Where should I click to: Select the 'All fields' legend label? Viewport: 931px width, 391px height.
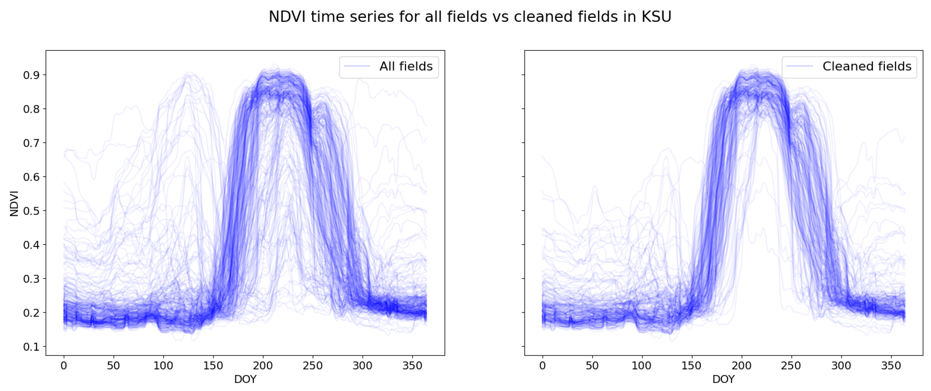[406, 66]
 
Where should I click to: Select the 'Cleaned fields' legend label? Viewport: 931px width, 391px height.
[867, 66]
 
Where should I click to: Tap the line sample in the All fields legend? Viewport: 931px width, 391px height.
[357, 66]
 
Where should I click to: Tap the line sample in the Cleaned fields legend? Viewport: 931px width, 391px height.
[800, 66]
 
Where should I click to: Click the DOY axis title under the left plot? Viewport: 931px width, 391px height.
[245, 379]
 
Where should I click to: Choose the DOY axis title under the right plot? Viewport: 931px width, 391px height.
[723, 379]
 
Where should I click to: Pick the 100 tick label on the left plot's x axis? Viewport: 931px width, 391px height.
[163, 366]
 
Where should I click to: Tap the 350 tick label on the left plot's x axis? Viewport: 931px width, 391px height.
[412, 366]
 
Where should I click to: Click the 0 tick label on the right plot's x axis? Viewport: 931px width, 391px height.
[542, 366]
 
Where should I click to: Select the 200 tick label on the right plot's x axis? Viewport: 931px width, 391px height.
[741, 366]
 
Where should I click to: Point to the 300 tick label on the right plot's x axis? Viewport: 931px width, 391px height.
[841, 366]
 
